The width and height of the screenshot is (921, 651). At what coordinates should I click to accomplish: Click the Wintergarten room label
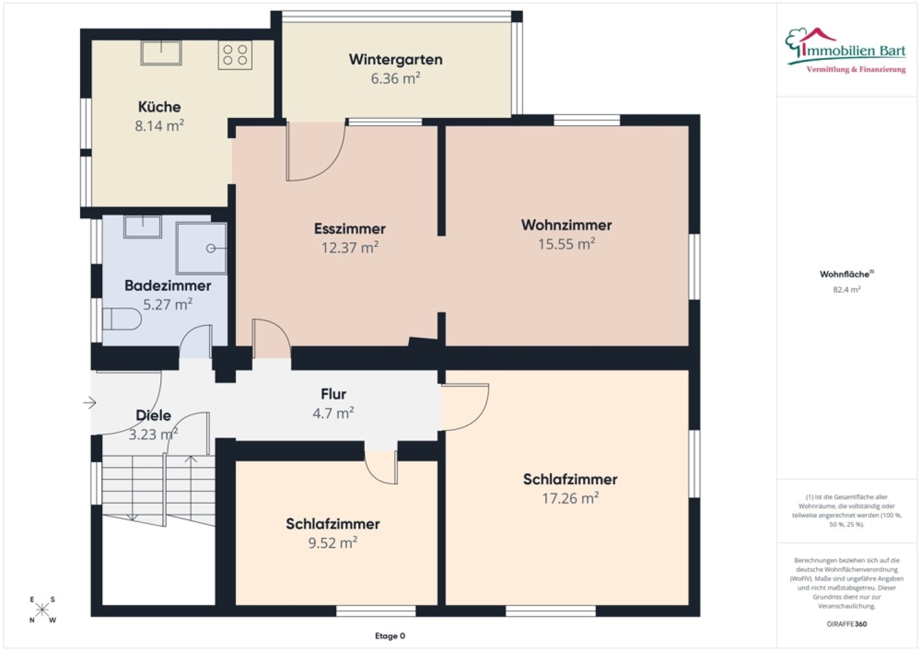[395, 60]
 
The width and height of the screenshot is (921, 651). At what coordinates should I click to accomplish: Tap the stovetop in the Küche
[234, 55]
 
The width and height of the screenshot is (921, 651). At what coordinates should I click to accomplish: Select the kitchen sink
[161, 53]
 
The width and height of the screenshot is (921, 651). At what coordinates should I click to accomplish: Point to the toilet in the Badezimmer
[122, 320]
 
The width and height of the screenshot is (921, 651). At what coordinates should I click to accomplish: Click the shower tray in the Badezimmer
[201, 248]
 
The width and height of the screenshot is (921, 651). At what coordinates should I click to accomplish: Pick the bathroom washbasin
[143, 227]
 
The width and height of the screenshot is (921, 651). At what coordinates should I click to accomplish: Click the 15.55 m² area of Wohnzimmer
[567, 244]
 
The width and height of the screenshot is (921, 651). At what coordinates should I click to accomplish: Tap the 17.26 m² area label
[570, 498]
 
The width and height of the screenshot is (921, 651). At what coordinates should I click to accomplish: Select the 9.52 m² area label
[333, 543]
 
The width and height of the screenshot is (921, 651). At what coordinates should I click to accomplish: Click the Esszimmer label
[350, 229]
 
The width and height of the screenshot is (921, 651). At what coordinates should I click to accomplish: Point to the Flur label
[333, 394]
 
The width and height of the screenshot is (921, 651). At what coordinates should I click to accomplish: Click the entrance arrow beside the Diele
[90, 402]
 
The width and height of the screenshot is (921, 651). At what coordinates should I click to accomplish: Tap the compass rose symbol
[42, 609]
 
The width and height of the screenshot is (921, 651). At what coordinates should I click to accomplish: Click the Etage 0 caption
[390, 636]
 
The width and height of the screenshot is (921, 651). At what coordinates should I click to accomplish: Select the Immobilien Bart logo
[845, 51]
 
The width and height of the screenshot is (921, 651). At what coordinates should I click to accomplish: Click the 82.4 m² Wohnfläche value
[847, 289]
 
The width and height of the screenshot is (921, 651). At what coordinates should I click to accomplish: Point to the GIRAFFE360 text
[847, 624]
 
